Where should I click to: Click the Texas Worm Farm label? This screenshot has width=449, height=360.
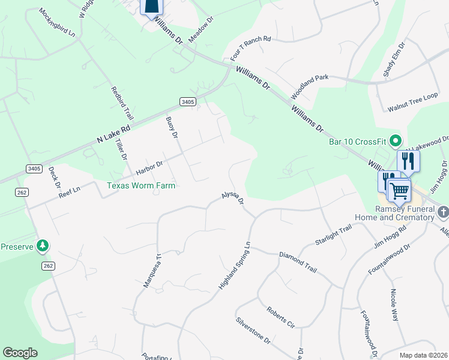(141, 185)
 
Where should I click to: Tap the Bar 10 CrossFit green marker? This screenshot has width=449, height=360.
(395, 142)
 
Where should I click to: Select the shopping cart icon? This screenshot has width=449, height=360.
(399, 191)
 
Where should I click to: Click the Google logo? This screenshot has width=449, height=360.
(20, 353)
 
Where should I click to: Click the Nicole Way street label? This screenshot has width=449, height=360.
(394, 305)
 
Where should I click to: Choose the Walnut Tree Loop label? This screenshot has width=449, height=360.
(412, 106)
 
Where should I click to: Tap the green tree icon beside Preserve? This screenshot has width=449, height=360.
(42, 245)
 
